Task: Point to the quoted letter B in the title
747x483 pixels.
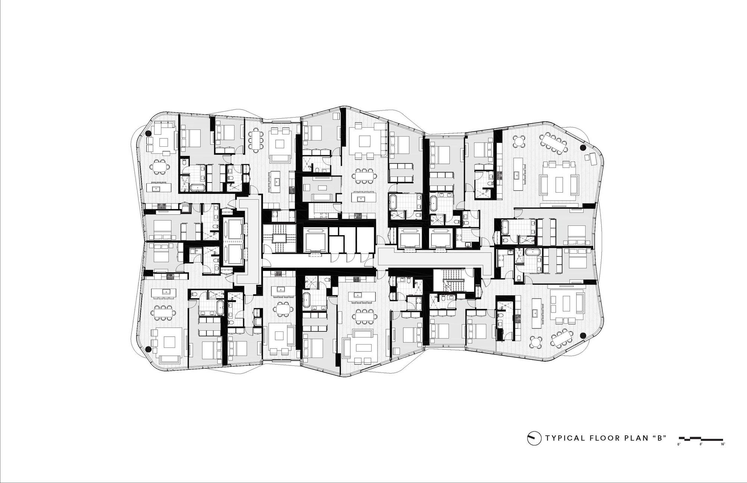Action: tap(660, 438)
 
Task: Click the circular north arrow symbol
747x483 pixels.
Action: tap(534, 438)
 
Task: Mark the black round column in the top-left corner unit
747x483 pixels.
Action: tap(148, 134)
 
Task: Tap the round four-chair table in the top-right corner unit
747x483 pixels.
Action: tap(520, 142)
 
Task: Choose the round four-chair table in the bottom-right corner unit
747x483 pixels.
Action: tap(537, 341)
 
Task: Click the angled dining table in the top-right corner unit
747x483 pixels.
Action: tap(554, 143)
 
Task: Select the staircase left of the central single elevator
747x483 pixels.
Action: tap(279, 238)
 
